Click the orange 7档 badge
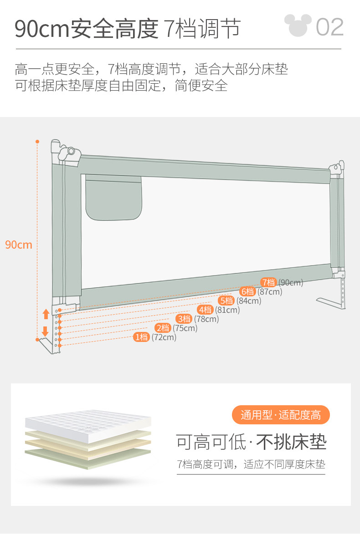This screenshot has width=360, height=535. click(269, 282)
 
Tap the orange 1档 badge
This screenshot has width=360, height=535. click(142, 337)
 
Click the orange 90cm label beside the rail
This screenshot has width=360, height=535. click(19, 245)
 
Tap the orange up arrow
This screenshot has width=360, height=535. click(46, 313)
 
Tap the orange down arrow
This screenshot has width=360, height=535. click(45, 331)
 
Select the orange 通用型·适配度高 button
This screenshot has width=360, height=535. click(281, 415)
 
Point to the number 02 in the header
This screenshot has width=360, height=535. click(330, 27)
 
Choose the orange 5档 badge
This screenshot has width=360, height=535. click(226, 301)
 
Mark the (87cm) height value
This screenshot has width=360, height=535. click(270, 292)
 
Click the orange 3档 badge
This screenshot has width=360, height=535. click(184, 319)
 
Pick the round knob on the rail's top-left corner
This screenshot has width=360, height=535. click(71, 151)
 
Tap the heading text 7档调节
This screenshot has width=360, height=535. click(201, 28)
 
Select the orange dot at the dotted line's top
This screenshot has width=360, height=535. click(37, 142)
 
